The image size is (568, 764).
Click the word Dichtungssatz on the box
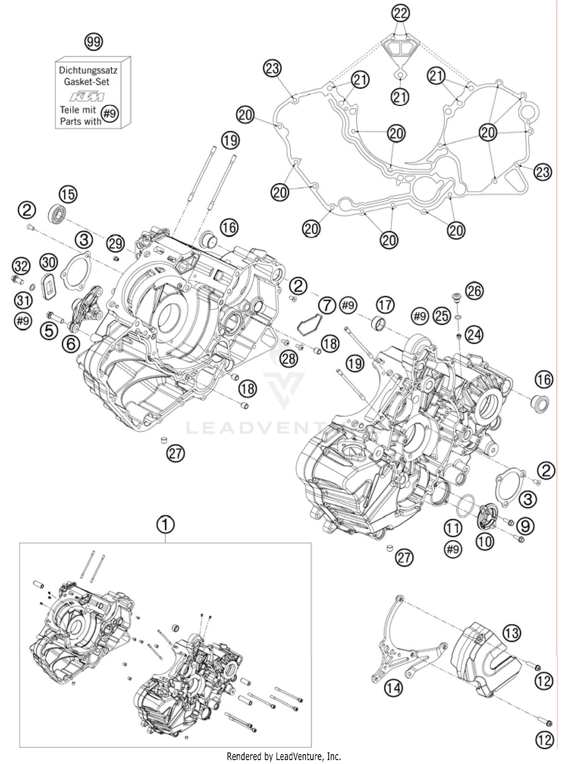click(88, 70)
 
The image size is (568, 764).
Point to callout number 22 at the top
click(401, 14)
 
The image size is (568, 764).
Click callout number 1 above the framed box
click(165, 525)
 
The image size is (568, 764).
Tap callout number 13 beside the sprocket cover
click(512, 632)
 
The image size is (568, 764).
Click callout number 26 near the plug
click(474, 291)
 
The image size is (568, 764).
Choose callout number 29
click(115, 243)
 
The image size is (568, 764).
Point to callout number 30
click(49, 261)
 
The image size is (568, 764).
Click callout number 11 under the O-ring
click(453, 528)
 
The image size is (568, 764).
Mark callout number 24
click(474, 335)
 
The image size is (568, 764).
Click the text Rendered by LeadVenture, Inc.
click(284, 756)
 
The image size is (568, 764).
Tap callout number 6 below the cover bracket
click(71, 344)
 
